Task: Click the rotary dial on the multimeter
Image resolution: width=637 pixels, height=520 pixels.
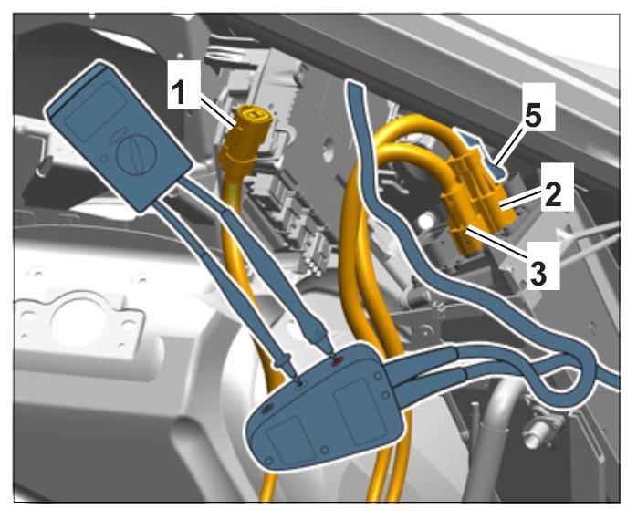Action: [x=136, y=154]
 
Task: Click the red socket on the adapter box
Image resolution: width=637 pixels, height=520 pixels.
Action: [x=337, y=360]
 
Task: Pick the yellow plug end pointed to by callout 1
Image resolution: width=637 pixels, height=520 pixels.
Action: [x=250, y=122]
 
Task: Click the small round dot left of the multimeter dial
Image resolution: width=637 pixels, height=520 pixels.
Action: [x=104, y=158]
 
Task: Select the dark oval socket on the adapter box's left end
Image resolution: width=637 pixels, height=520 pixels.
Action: [x=266, y=410]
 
